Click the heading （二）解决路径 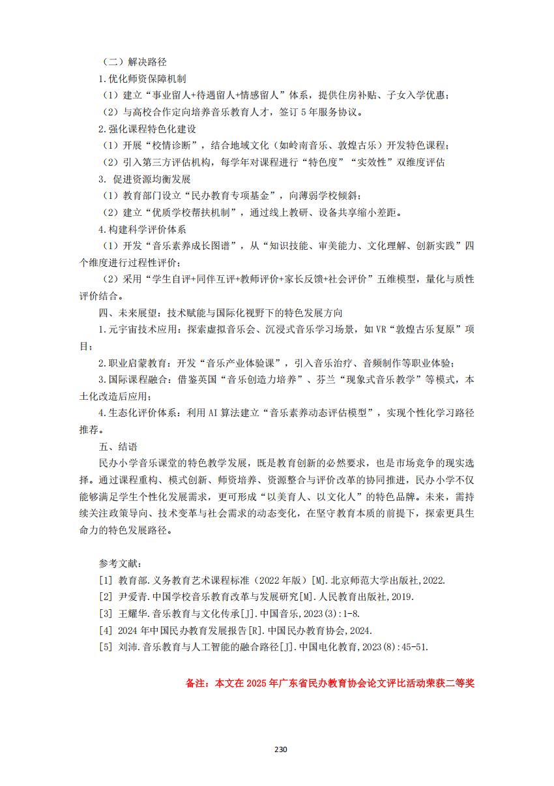(x=135, y=62)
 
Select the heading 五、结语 (x=117, y=447)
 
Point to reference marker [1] (x=105, y=580)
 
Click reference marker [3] (x=105, y=614)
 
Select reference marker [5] (x=105, y=647)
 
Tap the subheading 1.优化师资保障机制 (x=142, y=79)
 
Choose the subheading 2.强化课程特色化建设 (x=147, y=128)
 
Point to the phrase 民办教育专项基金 (x=233, y=196)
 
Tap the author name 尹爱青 (x=134, y=597)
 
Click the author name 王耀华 (x=134, y=614)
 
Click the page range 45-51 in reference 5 (x=414, y=647)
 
